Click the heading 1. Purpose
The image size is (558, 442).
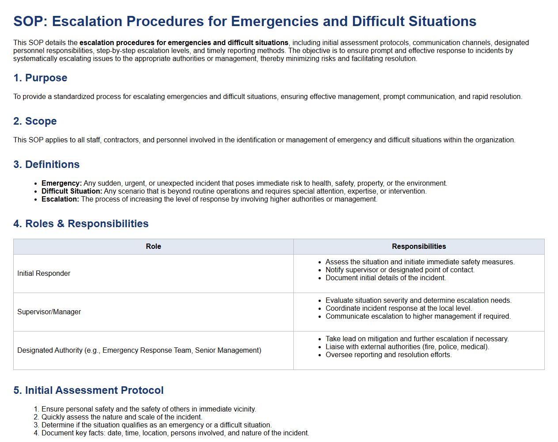[x=40, y=78]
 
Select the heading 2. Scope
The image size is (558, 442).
[x=35, y=121]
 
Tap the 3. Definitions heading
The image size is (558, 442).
[x=46, y=164]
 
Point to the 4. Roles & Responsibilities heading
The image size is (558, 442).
[x=81, y=224]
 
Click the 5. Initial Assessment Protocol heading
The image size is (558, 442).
[x=88, y=390]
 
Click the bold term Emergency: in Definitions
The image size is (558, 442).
[x=61, y=183]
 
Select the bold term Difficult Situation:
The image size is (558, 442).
[x=72, y=191]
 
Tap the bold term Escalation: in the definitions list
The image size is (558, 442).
[x=60, y=199]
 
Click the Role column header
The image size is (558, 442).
[x=153, y=247]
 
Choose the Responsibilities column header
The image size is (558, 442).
[x=419, y=247]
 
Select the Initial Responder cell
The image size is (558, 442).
[x=44, y=274]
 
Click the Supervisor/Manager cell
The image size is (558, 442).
[x=49, y=312]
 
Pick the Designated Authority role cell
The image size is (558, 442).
[x=139, y=351]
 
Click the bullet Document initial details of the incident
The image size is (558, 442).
[x=386, y=278]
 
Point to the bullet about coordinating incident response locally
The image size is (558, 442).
[x=399, y=309]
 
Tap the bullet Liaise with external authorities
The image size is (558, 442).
[x=407, y=347]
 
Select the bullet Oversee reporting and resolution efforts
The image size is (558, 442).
[x=388, y=355]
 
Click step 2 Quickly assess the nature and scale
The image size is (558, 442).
[x=121, y=417]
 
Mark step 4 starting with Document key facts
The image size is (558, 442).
[x=175, y=433]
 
